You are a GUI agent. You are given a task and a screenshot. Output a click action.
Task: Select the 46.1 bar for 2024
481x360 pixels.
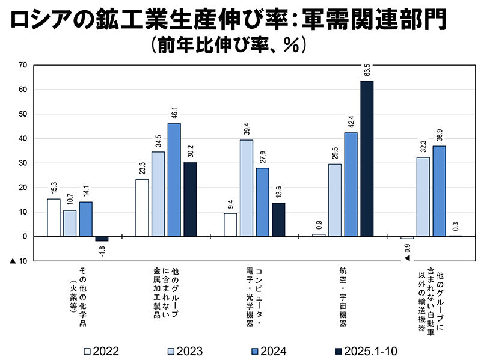click(174, 180)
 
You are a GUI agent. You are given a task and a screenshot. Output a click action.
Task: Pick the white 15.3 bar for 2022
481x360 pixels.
click(54, 218)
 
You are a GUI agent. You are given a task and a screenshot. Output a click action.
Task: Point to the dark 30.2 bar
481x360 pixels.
click(190, 200)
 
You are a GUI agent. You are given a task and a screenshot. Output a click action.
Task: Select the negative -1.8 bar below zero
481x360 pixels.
click(102, 239)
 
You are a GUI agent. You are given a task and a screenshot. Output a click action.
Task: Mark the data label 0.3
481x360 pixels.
click(455, 227)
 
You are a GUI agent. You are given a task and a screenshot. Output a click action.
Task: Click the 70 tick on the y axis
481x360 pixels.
click(23, 65)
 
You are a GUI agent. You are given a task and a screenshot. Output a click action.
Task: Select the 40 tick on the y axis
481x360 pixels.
click(23, 139)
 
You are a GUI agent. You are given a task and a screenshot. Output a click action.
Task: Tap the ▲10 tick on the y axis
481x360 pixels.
click(19, 261)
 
